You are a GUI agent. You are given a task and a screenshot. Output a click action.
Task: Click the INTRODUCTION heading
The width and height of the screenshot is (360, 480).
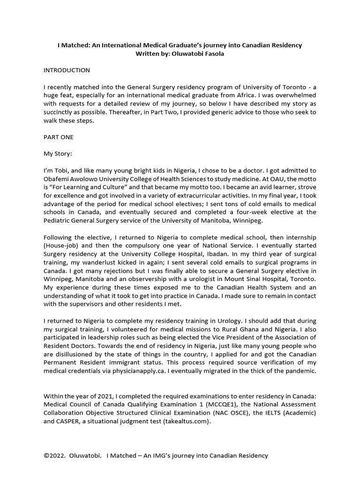pyautogui.click(x=67, y=70)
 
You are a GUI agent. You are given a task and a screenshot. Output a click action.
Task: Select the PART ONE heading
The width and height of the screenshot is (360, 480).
pyautogui.click(x=59, y=137)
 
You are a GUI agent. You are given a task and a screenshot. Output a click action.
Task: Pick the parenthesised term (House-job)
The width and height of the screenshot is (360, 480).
pyautogui.click(x=61, y=246)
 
